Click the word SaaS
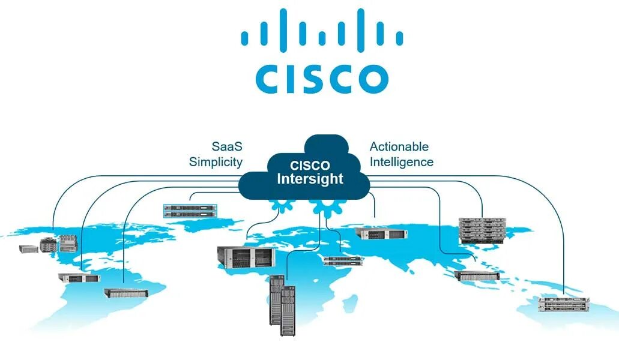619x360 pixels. [227, 146]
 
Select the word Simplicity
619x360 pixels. [216, 162]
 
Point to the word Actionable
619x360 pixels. [399, 146]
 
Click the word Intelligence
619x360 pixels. [402, 162]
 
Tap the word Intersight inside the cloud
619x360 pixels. [310, 179]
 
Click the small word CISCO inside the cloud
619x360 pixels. [310, 166]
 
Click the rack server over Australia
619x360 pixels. [564, 304]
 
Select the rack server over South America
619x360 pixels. [126, 292]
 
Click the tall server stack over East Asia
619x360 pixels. [480, 230]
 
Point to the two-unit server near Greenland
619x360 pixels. [190, 211]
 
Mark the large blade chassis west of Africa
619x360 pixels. [245, 256]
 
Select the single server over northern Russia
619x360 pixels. [381, 233]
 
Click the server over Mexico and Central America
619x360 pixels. [79, 278]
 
